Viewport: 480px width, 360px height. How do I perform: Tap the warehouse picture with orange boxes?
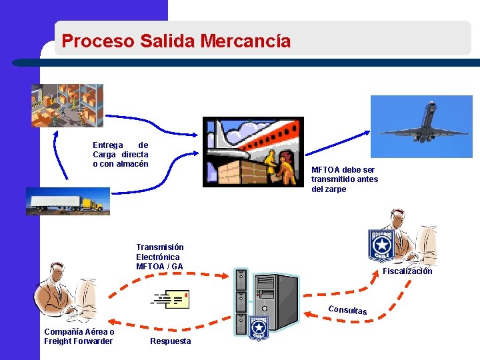(67, 105)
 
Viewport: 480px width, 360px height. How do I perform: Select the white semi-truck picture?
(67, 201)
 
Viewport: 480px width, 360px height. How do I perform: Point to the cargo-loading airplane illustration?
(253, 152)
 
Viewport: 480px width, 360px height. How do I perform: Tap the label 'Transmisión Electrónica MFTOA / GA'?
(160, 257)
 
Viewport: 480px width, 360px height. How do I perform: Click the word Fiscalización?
(407, 271)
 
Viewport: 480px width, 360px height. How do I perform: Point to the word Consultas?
(347, 310)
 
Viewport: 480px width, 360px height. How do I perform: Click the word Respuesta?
(170, 341)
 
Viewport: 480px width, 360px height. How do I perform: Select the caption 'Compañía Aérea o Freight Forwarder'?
(79, 337)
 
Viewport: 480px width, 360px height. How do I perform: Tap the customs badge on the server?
(258, 327)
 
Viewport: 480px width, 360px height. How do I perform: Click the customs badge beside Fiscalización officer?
(381, 246)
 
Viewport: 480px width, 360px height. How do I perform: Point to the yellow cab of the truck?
(95, 203)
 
